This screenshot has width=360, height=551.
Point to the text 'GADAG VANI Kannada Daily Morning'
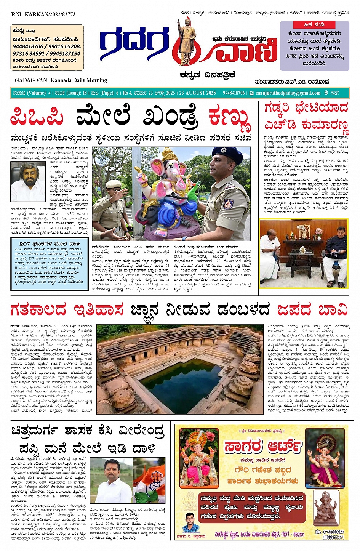(x=61, y=80)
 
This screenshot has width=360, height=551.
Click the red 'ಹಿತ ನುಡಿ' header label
(x=314, y=25)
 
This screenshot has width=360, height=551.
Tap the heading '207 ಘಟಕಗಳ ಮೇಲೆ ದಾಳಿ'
(x=50, y=244)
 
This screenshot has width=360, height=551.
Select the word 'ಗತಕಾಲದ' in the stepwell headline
(x=38, y=309)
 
